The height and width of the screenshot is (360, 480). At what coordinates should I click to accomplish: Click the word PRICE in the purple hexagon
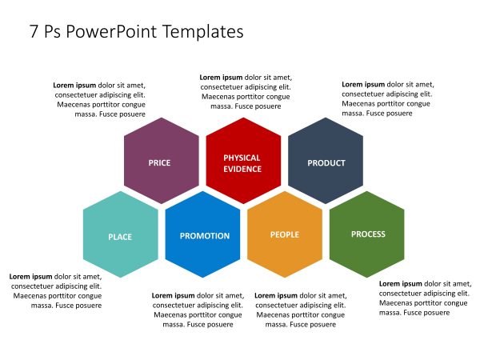click(x=159, y=163)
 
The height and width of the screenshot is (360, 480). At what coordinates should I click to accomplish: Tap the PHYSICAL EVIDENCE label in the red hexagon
click(x=242, y=163)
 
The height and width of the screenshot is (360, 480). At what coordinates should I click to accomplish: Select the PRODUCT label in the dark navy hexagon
click(x=326, y=163)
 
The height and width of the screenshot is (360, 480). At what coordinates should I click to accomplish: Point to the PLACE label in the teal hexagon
click(x=120, y=237)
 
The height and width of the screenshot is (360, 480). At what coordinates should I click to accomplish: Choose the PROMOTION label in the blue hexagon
click(x=205, y=236)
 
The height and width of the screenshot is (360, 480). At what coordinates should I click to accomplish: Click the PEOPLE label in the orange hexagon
click(x=285, y=234)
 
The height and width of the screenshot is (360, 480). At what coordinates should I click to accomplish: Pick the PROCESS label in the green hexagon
click(x=368, y=234)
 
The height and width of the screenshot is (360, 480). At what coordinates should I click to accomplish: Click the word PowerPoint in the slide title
click(x=111, y=31)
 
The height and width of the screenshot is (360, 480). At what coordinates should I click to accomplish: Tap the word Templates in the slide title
click(x=203, y=32)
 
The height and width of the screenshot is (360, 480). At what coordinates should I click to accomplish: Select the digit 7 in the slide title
click(x=34, y=31)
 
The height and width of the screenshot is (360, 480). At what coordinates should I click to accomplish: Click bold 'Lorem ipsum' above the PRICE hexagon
click(x=74, y=86)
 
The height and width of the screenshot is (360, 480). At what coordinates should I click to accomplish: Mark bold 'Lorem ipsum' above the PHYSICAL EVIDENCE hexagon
click(x=221, y=78)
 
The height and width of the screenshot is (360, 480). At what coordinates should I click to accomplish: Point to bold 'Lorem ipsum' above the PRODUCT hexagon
click(x=363, y=85)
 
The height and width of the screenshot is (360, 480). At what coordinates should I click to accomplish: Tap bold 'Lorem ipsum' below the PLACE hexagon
click(x=30, y=277)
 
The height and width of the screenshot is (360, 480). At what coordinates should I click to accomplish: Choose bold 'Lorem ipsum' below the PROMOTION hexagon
click(x=174, y=296)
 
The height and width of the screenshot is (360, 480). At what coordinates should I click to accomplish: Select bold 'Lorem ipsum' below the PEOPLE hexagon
click(x=276, y=296)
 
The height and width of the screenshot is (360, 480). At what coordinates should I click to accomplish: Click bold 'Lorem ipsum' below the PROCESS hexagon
click(x=401, y=284)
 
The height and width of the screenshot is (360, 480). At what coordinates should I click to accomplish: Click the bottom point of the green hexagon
click(x=366, y=278)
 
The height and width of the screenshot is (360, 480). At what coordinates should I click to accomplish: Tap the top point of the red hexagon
click(x=243, y=118)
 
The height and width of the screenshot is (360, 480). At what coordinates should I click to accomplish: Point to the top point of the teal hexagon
click(x=121, y=191)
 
